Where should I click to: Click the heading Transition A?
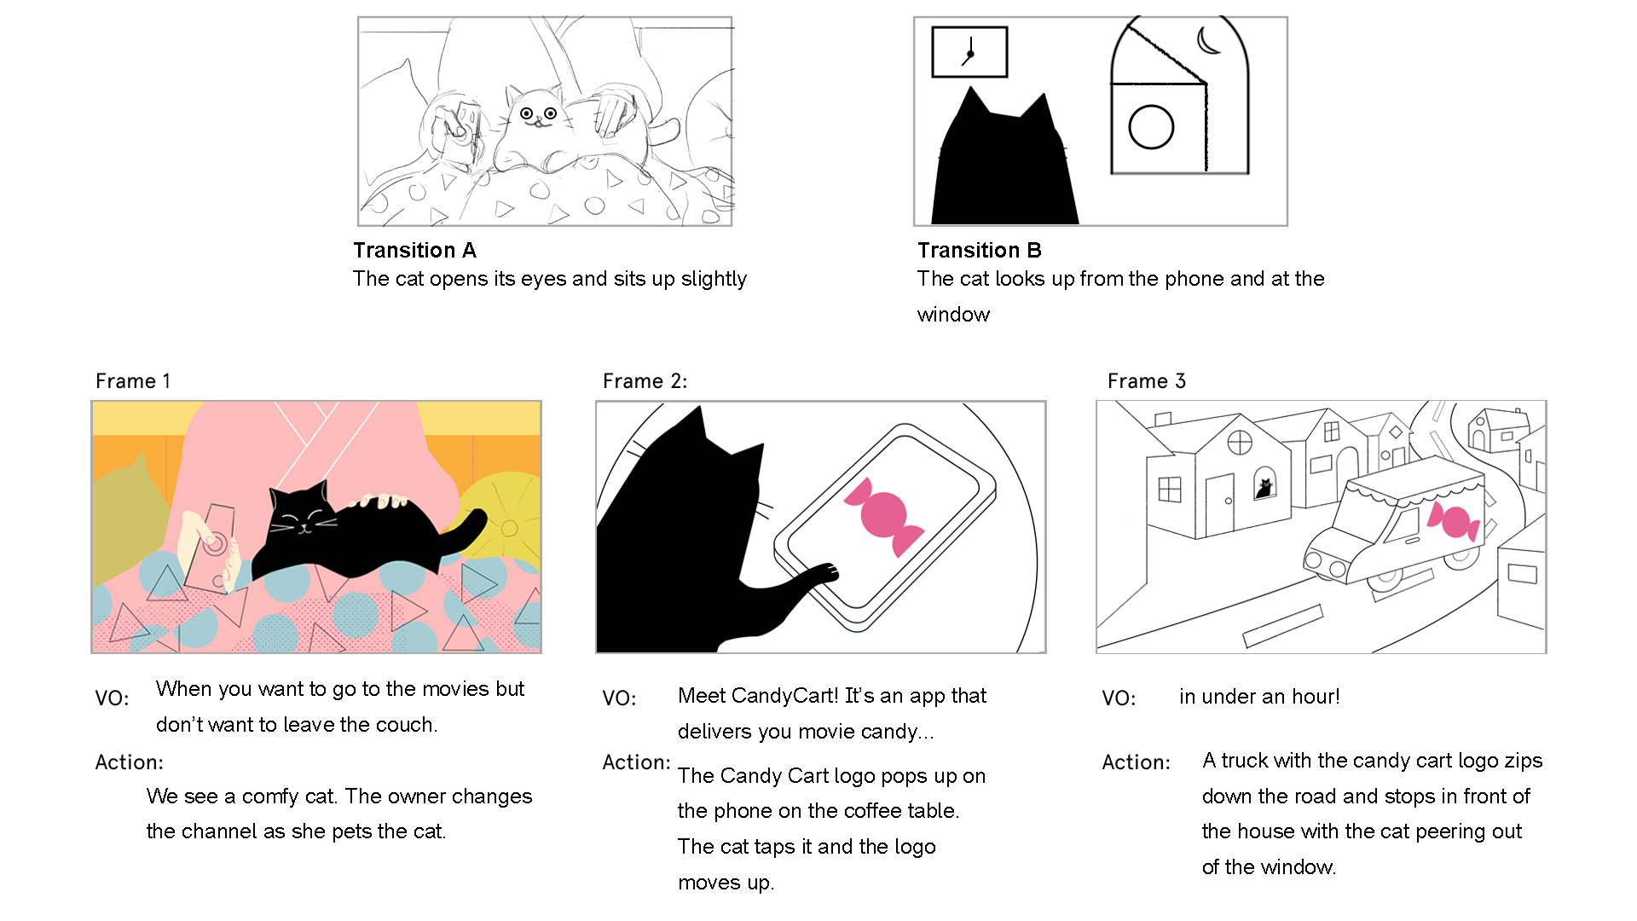pos(414,250)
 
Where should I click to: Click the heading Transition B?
pos(980,250)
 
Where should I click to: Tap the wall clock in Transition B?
pos(969,52)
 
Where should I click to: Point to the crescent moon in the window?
pos(1208,39)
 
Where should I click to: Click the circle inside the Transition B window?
pos(1151,127)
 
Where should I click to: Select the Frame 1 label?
pos(133,381)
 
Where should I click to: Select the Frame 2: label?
pos(645,381)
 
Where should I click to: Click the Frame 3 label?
pos(1147,381)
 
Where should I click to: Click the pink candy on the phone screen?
pos(884,515)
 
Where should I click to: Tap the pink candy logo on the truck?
pos(1454,521)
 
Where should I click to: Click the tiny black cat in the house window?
pos(1264,488)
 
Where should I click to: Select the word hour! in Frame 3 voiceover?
pos(1316,697)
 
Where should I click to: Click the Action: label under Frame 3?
pos(1136,762)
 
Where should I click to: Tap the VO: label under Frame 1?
pos(112,698)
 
